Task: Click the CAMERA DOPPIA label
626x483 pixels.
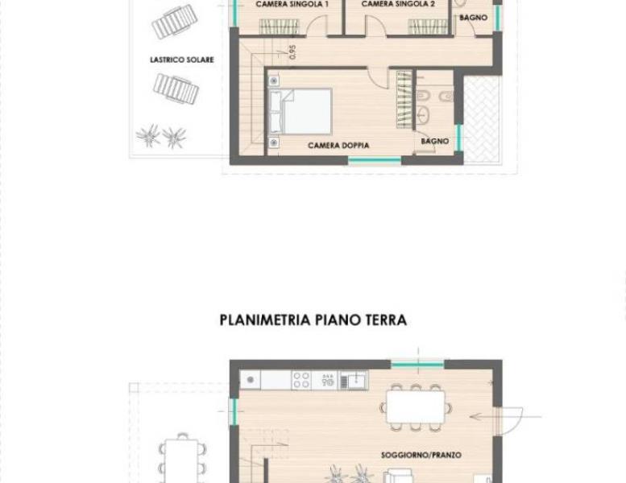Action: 338,146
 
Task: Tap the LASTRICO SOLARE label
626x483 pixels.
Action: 182,60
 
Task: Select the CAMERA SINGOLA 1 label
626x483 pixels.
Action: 292,4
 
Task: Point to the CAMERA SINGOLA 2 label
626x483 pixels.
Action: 398,4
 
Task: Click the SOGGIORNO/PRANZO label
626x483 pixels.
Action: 421,455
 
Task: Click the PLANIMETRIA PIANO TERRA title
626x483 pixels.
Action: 313,320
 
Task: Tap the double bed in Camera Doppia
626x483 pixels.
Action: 301,111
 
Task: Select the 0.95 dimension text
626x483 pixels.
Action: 292,52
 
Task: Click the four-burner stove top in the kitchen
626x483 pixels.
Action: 301,380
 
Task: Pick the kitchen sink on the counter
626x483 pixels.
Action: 353,380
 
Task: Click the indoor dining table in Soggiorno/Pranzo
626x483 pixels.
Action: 416,407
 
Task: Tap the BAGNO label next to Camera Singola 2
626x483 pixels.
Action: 473,18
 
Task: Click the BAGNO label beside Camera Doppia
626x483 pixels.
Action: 435,141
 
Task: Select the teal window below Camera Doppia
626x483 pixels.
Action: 375,161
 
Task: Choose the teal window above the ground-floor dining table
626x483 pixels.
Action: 417,365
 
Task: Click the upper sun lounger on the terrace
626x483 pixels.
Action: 175,22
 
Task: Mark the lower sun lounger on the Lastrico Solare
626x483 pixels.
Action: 176,89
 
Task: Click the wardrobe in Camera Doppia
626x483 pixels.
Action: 404,100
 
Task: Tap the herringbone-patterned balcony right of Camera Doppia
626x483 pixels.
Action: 482,119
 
